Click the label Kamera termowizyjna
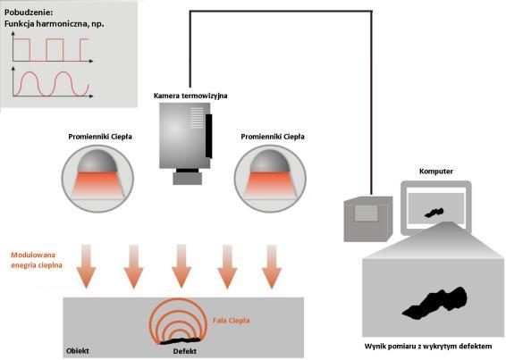[190, 96]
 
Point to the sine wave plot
[53, 82]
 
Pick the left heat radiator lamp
[97, 178]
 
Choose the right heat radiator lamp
[270, 178]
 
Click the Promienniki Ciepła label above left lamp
[100, 137]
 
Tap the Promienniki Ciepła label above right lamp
[273, 137]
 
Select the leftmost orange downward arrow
[86, 266]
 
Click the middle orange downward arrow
[181, 266]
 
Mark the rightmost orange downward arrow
[272, 266]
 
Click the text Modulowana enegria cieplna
[37, 260]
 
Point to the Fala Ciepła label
[231, 321]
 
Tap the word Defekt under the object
[184, 351]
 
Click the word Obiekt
[78, 351]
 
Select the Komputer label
[436, 172]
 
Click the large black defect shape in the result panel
[435, 303]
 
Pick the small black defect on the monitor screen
[434, 213]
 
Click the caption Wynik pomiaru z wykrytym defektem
[428, 347]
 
